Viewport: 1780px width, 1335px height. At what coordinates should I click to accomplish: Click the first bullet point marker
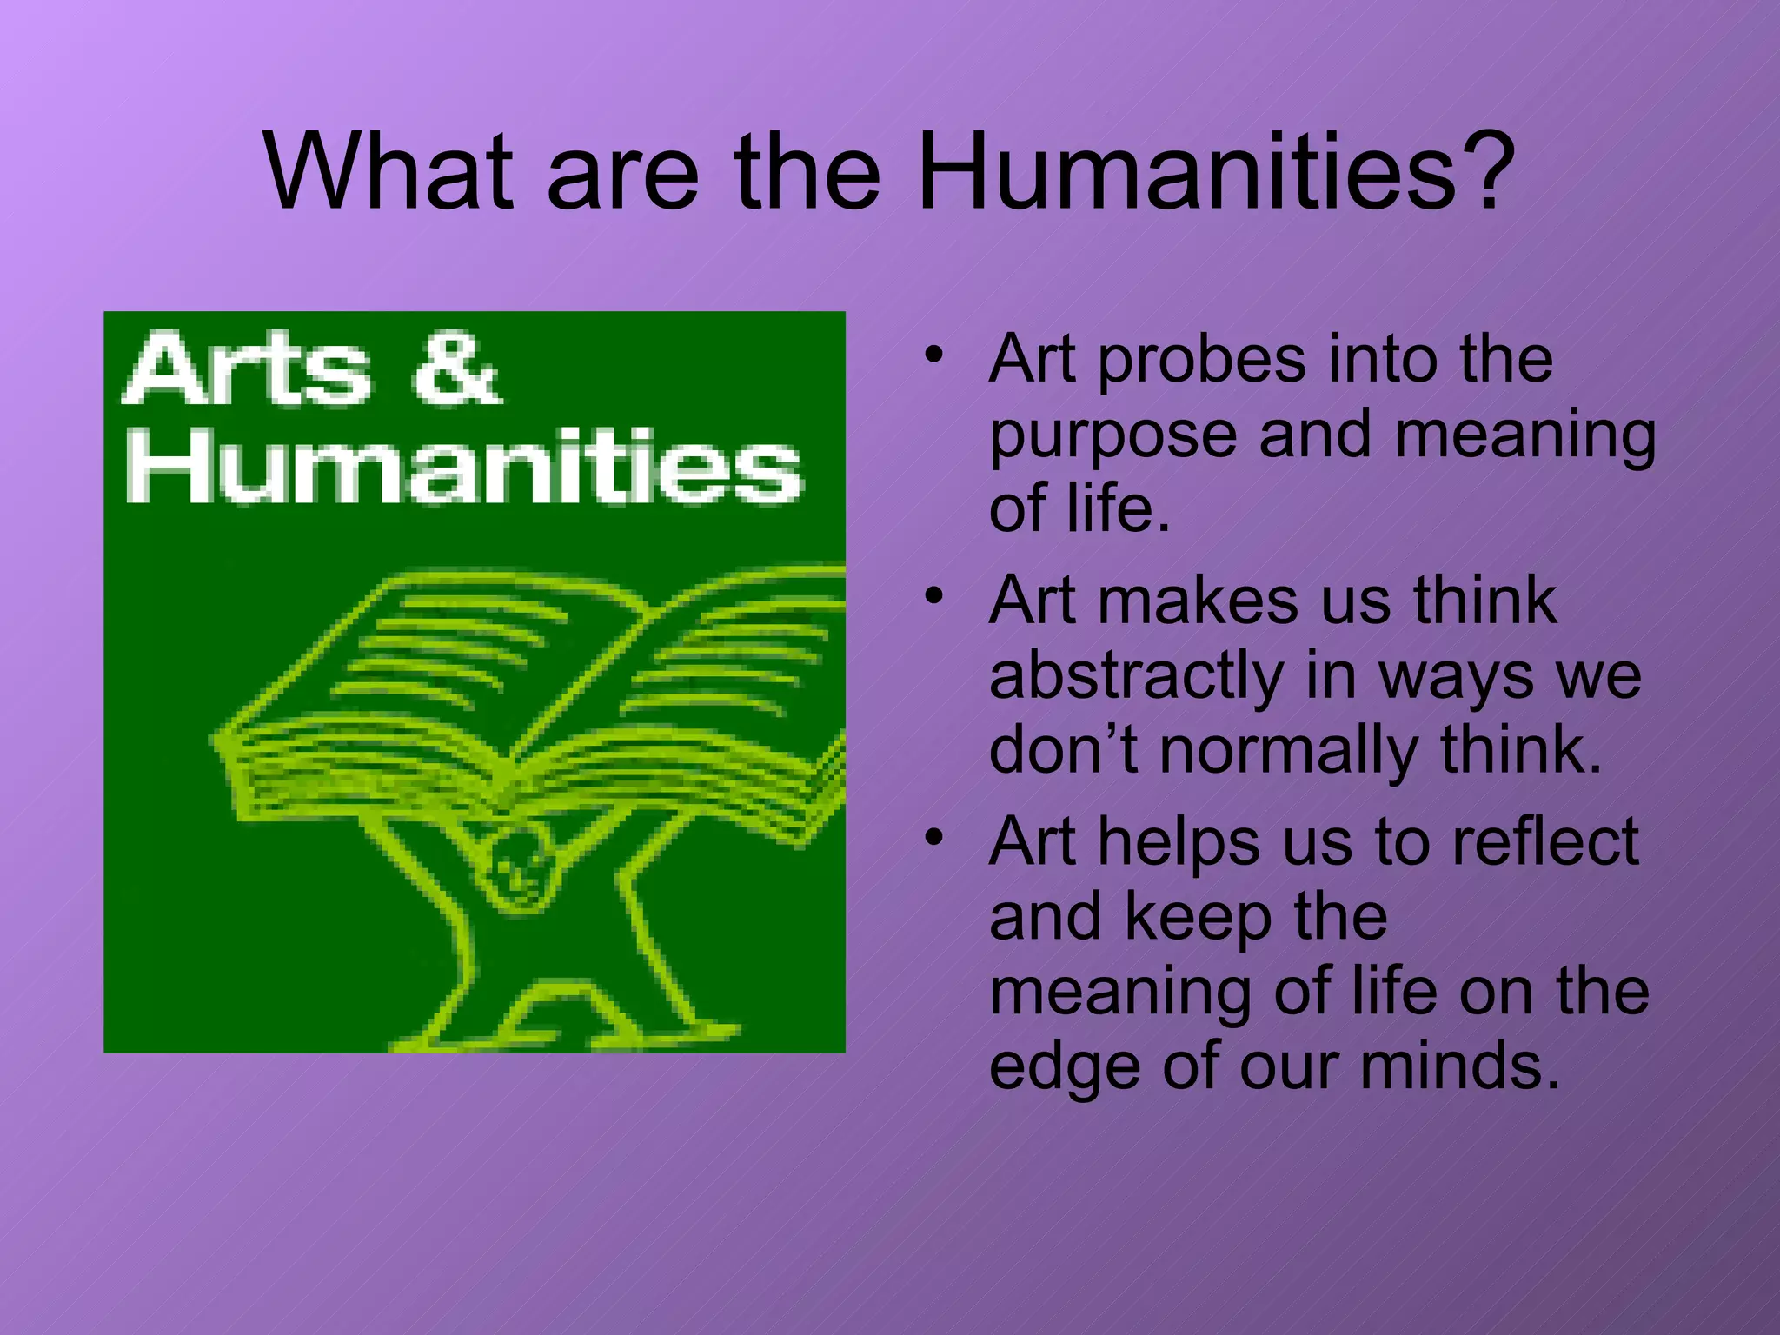pos(933,355)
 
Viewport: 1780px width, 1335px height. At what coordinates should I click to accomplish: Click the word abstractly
pos(1133,675)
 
